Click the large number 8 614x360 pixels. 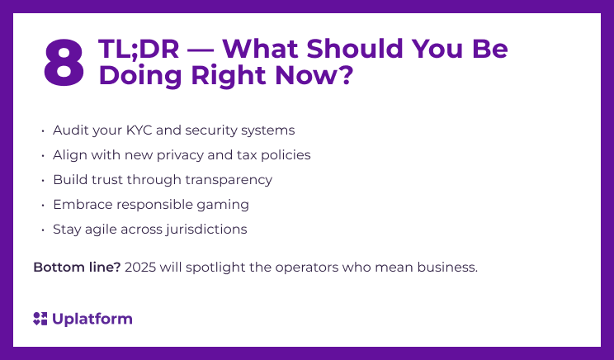click(64, 63)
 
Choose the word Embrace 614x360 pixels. click(81, 205)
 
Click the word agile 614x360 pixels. click(99, 230)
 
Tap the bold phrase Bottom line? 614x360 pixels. click(77, 268)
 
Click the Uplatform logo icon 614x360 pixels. click(40, 319)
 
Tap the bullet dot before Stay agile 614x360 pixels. click(42, 230)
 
